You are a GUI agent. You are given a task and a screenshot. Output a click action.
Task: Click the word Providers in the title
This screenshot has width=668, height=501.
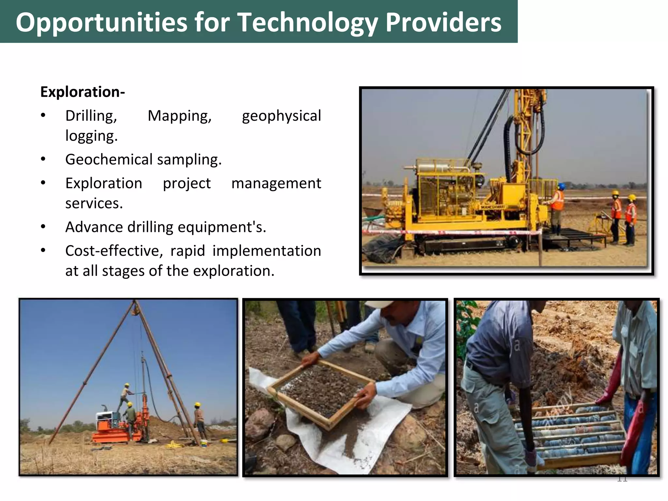click(443, 22)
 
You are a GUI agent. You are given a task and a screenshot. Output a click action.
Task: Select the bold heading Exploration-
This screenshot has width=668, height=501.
click(83, 92)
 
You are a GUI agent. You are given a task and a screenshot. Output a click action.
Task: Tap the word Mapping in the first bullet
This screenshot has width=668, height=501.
click(179, 116)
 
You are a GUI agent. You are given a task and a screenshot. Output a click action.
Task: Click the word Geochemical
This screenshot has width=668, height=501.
click(109, 159)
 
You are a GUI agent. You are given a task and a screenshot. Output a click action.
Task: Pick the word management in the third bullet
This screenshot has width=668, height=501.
click(276, 183)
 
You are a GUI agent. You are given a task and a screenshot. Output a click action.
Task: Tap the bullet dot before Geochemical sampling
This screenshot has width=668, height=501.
click(43, 159)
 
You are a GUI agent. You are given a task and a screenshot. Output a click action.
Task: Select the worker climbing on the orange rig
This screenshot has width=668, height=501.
click(125, 396)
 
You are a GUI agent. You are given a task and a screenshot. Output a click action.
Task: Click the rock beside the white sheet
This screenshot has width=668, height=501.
click(259, 424)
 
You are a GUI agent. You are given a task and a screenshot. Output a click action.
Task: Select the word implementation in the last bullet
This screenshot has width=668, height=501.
click(266, 251)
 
